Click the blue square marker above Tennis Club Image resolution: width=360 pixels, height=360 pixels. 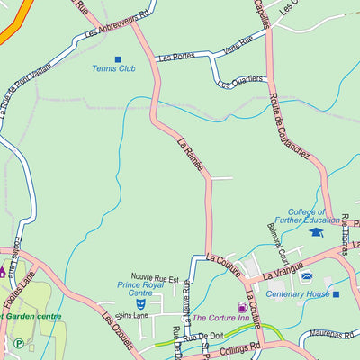(117, 59)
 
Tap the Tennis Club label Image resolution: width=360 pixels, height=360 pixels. (113, 68)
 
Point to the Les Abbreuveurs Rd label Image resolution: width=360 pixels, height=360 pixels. (116, 24)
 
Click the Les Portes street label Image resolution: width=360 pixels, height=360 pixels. (175, 56)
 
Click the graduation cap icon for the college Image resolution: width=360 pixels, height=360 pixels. (316, 231)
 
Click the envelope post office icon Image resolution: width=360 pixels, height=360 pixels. (307, 276)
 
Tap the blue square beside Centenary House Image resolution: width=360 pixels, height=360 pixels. (336, 293)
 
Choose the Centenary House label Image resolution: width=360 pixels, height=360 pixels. (297, 293)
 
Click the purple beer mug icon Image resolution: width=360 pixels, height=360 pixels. (241, 307)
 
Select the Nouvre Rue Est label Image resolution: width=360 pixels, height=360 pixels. (155, 279)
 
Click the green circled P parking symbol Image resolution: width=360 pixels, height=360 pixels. (19, 342)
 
